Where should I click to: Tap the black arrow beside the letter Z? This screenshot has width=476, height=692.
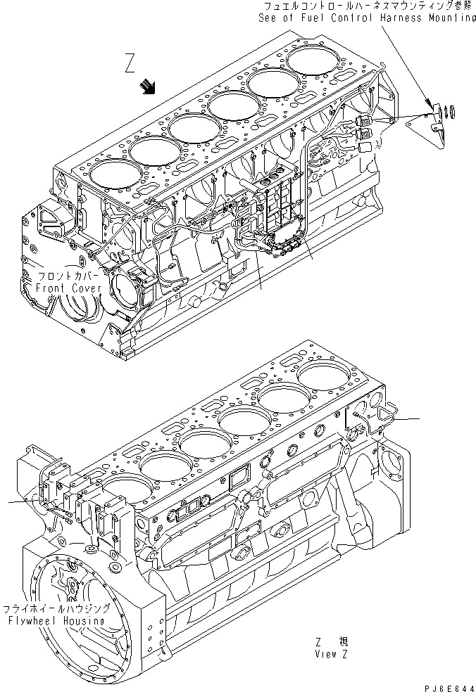pos(149,87)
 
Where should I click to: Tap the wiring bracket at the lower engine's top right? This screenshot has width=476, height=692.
pos(384,418)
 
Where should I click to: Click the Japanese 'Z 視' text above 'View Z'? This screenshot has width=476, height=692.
pos(332,641)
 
